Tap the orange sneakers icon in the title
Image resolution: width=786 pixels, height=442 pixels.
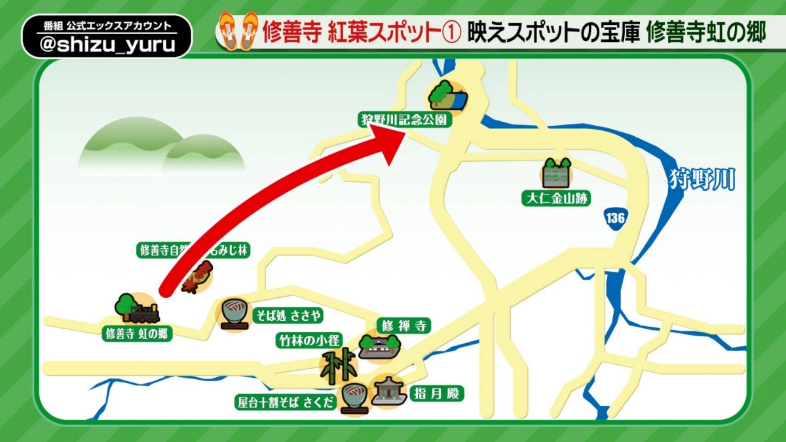pyautogui.click(x=238, y=30)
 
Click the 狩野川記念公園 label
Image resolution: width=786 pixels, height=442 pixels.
pyautogui.click(x=405, y=120)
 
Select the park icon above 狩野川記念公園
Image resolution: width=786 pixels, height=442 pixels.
pyautogui.click(x=447, y=96)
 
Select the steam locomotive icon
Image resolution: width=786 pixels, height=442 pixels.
pyautogui.click(x=138, y=308)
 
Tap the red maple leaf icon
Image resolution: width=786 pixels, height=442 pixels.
pyautogui.click(x=197, y=278)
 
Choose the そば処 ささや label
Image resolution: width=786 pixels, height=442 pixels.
pyautogui.click(x=289, y=316)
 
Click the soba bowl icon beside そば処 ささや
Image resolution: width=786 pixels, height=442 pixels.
pyautogui.click(x=234, y=314)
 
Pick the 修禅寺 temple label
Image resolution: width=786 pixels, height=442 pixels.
pyautogui.click(x=404, y=325)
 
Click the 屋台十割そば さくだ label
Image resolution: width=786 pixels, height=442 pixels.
pyautogui.click(x=286, y=402)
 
